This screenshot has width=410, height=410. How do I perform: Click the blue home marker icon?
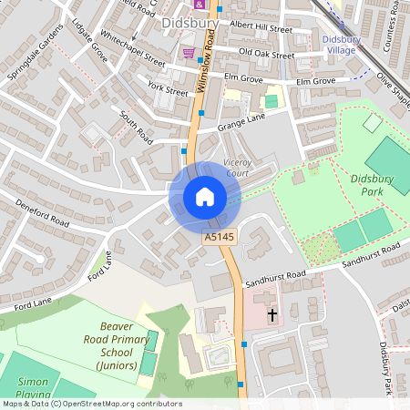pos(205,197)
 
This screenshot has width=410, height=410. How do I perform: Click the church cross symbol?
pos(272,315)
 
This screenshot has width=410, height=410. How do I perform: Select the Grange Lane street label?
pos(241,118)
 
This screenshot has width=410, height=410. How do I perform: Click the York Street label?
pos(166,89)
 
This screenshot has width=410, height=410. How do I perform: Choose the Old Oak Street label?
pos(266,55)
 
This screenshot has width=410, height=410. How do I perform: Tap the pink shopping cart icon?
pos(189,53)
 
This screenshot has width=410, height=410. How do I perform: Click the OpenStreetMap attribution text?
pos(91,404)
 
